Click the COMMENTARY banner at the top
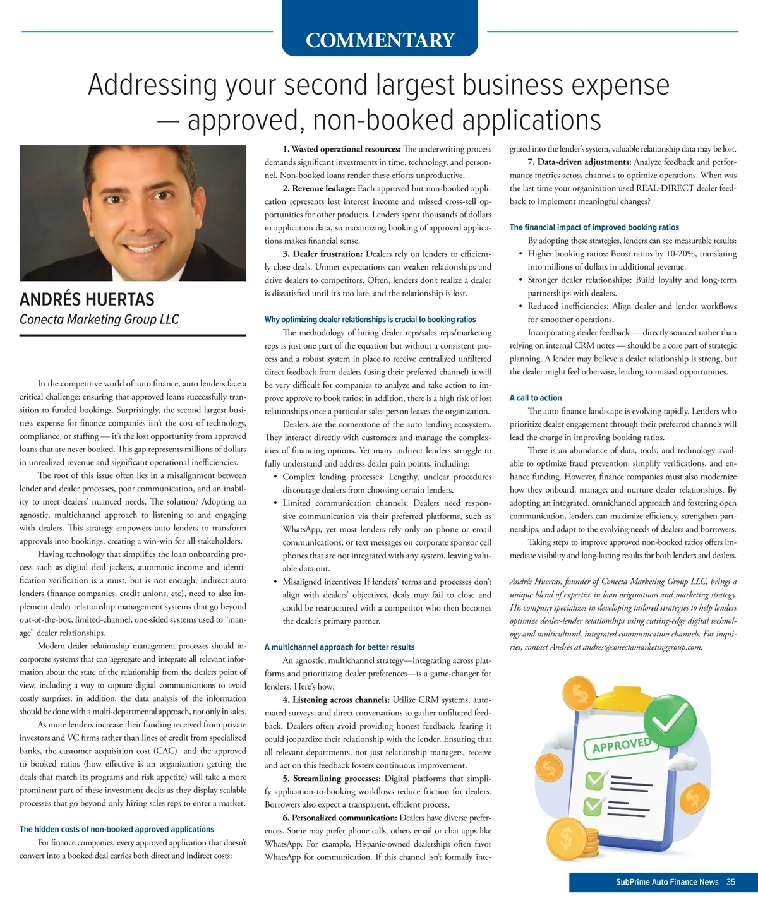(380, 40)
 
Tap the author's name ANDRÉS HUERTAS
(87, 299)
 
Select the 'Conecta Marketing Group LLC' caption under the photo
(99, 320)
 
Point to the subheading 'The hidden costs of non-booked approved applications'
(117, 829)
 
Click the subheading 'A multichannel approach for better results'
(339, 647)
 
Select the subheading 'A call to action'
(536, 398)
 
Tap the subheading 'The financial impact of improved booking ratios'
(594, 227)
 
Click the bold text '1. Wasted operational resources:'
(342, 149)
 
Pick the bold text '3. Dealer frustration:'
(323, 254)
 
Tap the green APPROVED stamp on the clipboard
(622, 746)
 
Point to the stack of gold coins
(572, 840)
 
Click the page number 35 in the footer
(731, 882)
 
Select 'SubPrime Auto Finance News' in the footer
(667, 882)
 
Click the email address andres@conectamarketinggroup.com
(642, 647)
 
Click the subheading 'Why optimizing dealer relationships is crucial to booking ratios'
(370, 320)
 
